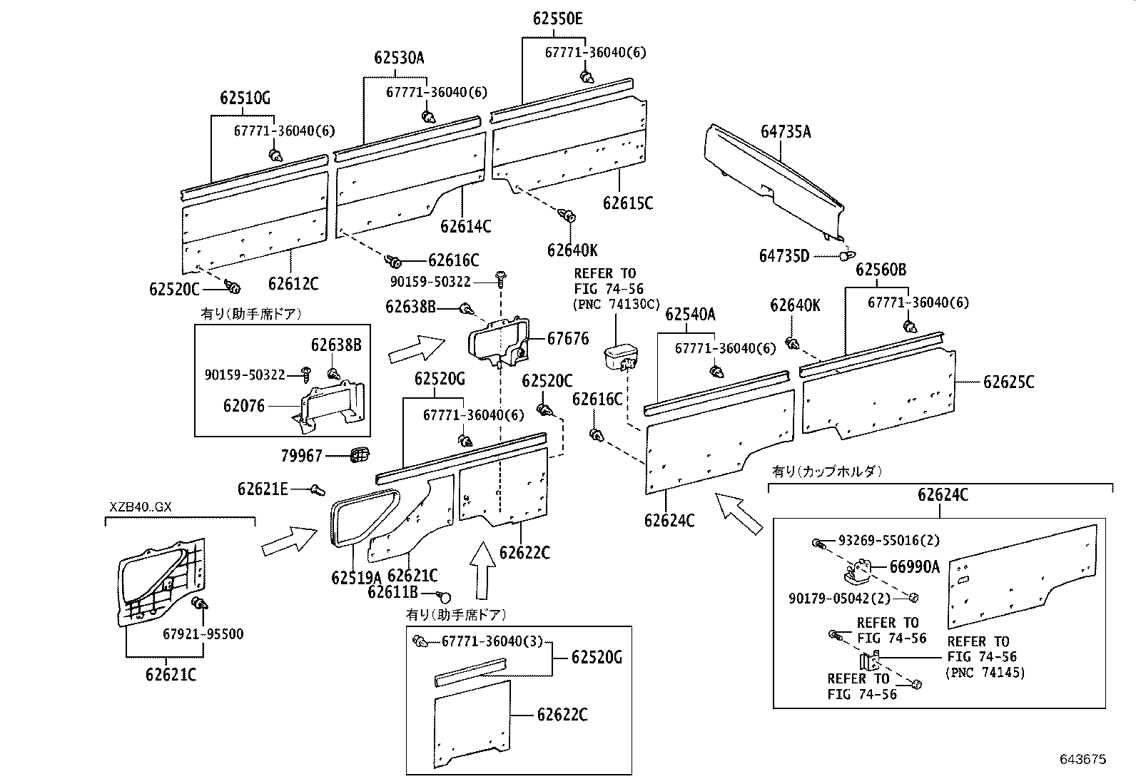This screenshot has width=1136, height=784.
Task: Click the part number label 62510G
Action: [x=245, y=98]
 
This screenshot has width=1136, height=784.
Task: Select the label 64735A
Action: [x=786, y=131]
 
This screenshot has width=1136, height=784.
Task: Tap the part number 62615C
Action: [x=627, y=203]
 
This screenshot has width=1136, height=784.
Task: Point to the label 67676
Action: [x=568, y=338]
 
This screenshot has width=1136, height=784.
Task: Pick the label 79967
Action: [x=301, y=455]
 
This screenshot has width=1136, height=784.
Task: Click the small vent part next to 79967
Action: [x=361, y=454]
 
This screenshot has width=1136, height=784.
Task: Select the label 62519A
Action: [x=356, y=577]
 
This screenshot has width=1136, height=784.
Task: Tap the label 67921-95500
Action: [x=203, y=634]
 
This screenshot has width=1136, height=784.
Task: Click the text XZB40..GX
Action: [x=141, y=508]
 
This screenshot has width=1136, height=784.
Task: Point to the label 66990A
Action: [x=914, y=566]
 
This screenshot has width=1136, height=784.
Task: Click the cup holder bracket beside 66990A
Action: [x=859, y=571]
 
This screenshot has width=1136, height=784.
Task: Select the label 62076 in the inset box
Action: [x=243, y=406]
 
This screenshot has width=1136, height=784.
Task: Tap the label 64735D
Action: [x=784, y=256]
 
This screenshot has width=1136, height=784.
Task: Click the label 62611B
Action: [x=392, y=591]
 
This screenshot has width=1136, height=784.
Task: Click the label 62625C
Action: [x=1008, y=382]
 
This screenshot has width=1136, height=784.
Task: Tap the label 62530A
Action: [x=399, y=58]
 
